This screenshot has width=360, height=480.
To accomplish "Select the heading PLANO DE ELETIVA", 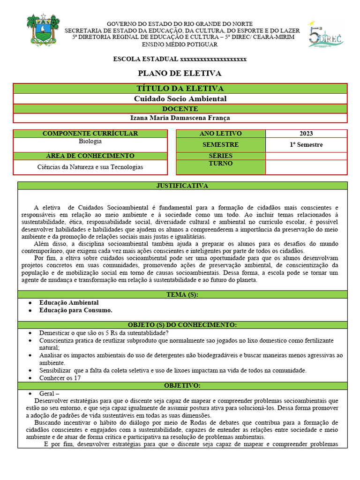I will (x=180, y=73).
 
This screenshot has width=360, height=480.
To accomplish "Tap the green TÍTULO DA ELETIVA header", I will (x=180, y=89).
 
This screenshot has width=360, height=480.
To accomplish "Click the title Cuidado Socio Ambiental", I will (x=180, y=99).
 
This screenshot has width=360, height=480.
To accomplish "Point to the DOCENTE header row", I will (x=180, y=109).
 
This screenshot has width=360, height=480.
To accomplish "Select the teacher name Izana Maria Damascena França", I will (x=180, y=118).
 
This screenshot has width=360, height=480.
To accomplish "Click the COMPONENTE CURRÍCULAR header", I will (x=90, y=134).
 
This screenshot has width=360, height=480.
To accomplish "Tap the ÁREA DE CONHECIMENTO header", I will (x=90, y=156).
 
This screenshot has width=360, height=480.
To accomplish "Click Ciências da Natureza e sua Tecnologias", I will (x=90, y=167).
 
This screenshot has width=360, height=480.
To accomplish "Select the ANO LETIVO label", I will (x=221, y=134).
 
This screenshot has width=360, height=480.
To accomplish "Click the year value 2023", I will (x=306, y=134).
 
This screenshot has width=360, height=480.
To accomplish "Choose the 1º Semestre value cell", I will (x=306, y=145).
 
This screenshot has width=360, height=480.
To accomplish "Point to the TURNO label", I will (x=221, y=164).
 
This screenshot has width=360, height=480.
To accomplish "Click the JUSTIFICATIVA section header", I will (x=182, y=186).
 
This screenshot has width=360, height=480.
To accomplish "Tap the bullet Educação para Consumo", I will (x=75, y=310).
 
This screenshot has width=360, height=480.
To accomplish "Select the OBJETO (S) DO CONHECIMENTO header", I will (x=182, y=325).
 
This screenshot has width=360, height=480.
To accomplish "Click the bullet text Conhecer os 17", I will (x=60, y=378).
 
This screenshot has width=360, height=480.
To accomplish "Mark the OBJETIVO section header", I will (x=182, y=385).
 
